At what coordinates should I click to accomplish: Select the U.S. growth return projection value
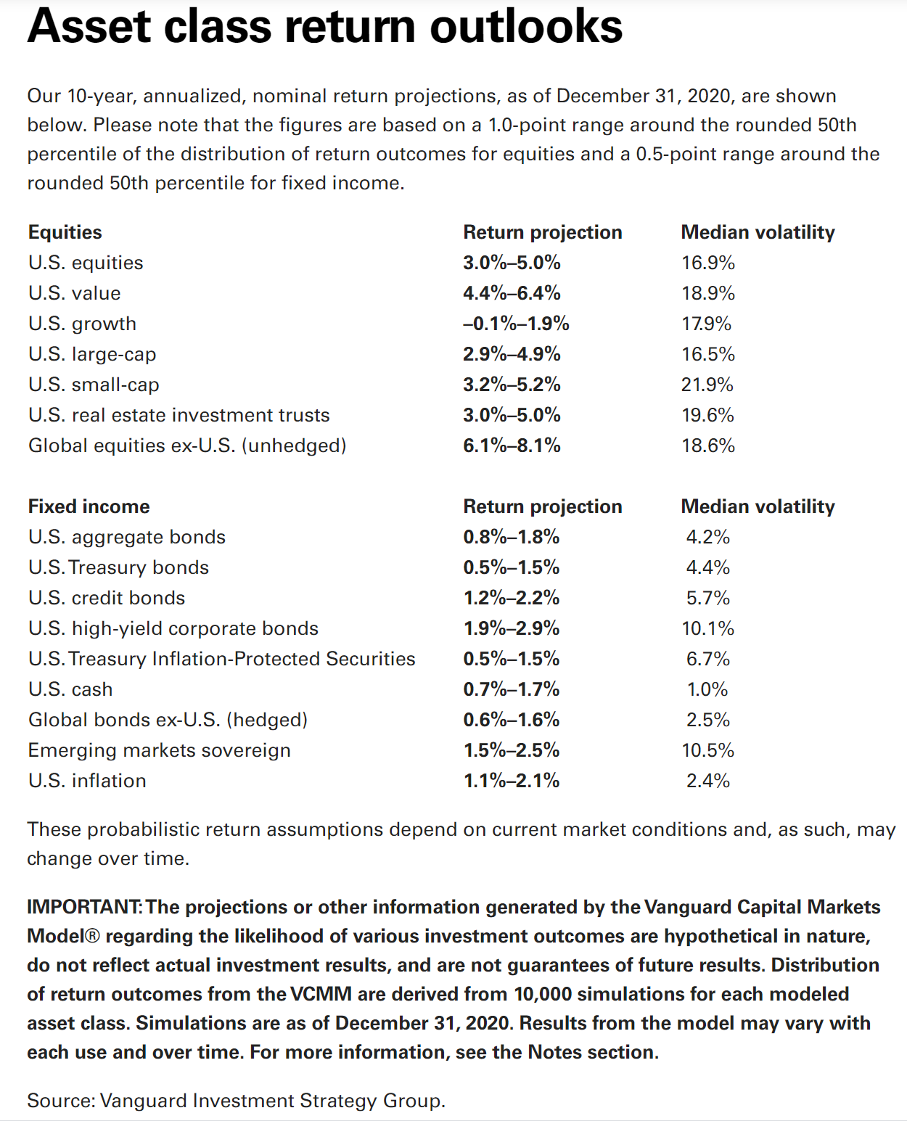click(x=516, y=324)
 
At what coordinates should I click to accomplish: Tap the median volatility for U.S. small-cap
click(x=707, y=385)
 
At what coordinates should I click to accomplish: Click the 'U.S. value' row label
click(x=74, y=293)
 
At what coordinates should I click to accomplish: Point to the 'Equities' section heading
click(x=65, y=232)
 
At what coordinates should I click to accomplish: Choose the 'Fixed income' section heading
click(x=89, y=506)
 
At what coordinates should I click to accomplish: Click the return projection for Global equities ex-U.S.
click(x=512, y=445)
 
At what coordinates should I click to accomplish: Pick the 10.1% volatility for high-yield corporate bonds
click(x=708, y=628)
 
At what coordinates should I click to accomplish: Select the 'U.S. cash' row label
click(x=70, y=689)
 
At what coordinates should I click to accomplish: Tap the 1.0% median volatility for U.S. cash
click(x=707, y=689)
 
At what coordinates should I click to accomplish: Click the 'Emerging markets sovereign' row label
click(x=159, y=750)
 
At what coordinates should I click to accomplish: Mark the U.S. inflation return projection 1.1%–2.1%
click(x=511, y=781)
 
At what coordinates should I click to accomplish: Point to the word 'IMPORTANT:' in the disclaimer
click(x=84, y=907)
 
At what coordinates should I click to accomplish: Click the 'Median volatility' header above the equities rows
click(x=758, y=232)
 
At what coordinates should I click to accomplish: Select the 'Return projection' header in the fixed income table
click(x=543, y=506)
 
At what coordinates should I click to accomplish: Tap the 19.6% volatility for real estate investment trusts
click(x=708, y=415)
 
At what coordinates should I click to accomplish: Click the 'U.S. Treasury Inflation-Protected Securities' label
click(x=221, y=659)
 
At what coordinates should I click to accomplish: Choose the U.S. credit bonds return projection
click(x=511, y=598)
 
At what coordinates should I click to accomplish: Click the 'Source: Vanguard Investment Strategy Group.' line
click(x=237, y=1101)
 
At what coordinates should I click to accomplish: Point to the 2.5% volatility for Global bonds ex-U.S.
click(x=708, y=720)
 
